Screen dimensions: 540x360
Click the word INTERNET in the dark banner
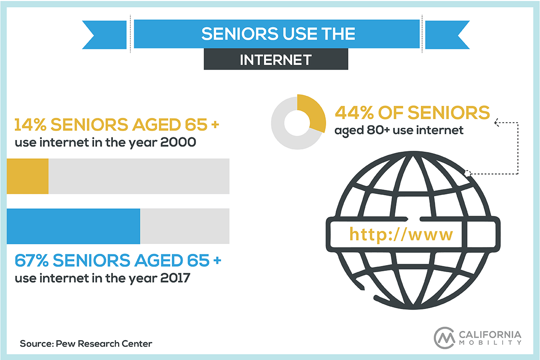[276, 60]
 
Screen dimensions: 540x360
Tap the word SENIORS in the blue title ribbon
[239, 33]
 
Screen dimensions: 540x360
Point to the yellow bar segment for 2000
[27, 176]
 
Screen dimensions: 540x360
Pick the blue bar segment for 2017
[73, 226]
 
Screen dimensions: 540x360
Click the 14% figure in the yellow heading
[30, 125]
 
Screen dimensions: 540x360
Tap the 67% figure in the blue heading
[31, 261]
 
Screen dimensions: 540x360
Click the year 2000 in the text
[178, 142]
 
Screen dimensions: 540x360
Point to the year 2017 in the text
[175, 278]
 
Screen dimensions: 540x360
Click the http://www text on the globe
[401, 234]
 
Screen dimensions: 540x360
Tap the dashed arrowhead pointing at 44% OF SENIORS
[497, 122]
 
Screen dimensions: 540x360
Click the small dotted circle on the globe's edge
[468, 173]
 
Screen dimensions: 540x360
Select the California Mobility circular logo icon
[444, 338]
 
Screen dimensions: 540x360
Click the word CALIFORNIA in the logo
[490, 334]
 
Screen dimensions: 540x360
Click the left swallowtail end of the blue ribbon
[104, 35]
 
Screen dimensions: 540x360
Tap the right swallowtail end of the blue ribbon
[447, 35]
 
